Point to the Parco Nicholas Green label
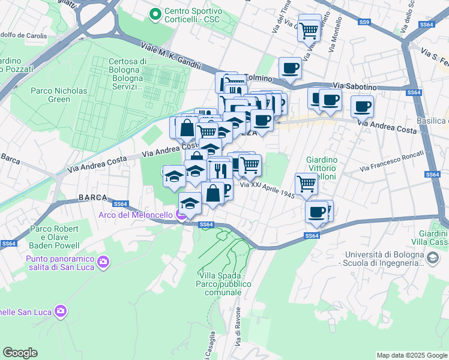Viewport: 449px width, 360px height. click(x=59, y=95)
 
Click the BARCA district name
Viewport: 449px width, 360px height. click(x=92, y=197)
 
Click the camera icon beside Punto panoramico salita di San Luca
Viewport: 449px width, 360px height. click(x=103, y=261)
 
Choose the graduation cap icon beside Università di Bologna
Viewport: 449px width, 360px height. click(x=432, y=257)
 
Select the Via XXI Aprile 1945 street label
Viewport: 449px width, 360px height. click(x=267, y=189)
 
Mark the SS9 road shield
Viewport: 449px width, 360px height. click(x=364, y=22)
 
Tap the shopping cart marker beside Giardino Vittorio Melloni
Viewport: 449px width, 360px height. click(x=306, y=184)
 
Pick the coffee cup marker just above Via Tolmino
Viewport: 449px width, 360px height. click(x=290, y=68)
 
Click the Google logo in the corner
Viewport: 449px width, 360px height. click(x=20, y=353)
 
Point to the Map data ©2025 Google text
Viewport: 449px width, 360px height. click(x=411, y=355)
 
